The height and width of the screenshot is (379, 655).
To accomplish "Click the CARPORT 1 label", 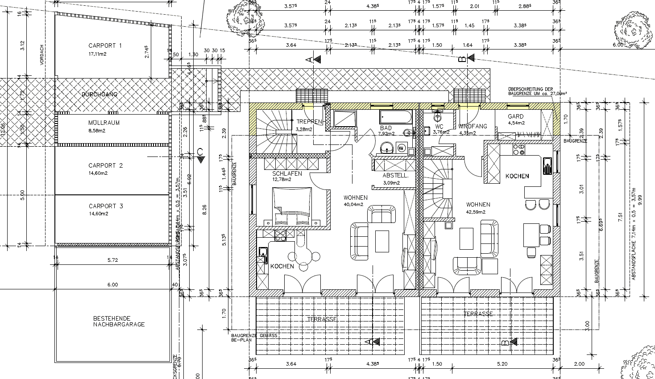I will click(105, 45).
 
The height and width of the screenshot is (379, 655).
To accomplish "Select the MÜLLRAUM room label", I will click(104, 123).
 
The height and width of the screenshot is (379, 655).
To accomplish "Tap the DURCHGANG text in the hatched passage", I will click(99, 95).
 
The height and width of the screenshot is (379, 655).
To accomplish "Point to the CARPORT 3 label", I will click(105, 206).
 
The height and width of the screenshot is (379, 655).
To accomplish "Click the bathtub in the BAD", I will click(396, 117).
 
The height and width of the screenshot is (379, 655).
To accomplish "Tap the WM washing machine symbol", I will click(401, 148).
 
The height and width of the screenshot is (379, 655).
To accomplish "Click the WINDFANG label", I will click(473, 127).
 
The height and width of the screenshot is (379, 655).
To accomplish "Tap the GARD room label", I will click(516, 116).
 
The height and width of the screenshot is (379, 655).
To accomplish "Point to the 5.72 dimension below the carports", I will click(112, 260).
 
